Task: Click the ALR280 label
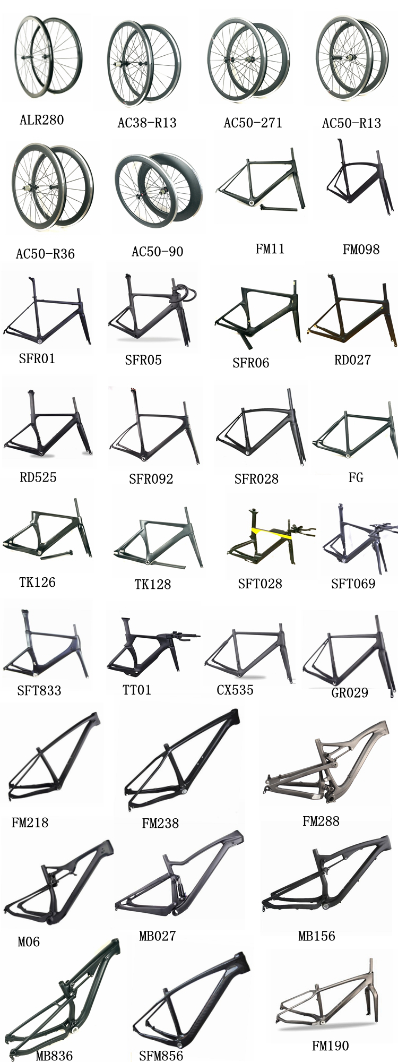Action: click(x=41, y=120)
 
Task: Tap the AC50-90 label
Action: click(x=157, y=251)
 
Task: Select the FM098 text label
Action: click(x=361, y=249)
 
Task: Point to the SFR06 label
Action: click(x=250, y=363)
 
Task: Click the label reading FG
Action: click(x=356, y=477)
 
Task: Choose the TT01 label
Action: click(x=137, y=690)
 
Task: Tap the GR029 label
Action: click(x=349, y=692)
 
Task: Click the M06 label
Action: click(x=29, y=942)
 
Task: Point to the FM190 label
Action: click(x=330, y=1046)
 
